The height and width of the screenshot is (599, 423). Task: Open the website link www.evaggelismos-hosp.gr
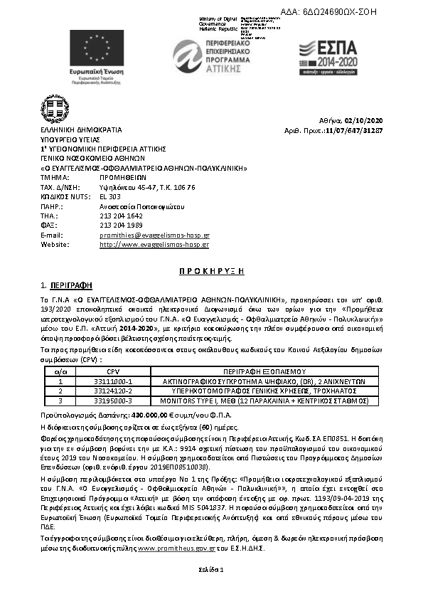click(x=154, y=245)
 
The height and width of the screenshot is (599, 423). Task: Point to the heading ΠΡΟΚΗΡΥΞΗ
click(x=210, y=272)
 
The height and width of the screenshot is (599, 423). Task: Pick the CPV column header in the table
click(x=113, y=371)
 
